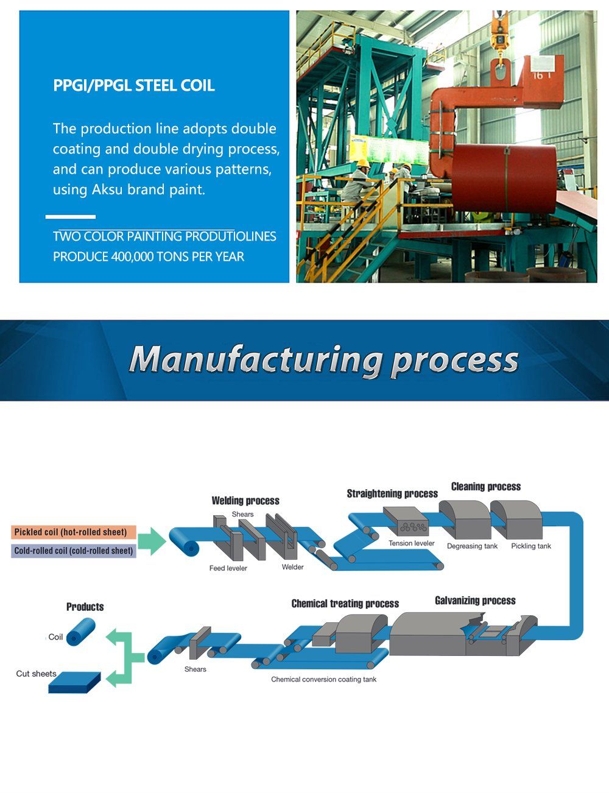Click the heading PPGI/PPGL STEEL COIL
(x=134, y=85)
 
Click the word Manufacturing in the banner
(x=255, y=359)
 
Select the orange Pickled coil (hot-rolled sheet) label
(x=71, y=532)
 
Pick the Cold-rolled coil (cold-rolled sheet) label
(x=73, y=551)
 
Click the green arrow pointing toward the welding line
(x=152, y=541)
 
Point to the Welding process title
(x=245, y=501)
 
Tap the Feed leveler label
(x=228, y=568)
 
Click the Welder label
(x=292, y=567)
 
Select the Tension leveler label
(x=412, y=543)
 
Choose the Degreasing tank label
(x=472, y=546)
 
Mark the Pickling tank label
(x=531, y=546)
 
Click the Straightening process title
(x=392, y=493)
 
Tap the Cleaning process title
(x=486, y=487)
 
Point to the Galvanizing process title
(x=475, y=601)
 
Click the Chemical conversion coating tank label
(x=323, y=679)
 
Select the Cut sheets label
(x=36, y=674)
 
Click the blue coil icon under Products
(x=81, y=632)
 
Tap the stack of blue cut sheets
(x=74, y=683)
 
